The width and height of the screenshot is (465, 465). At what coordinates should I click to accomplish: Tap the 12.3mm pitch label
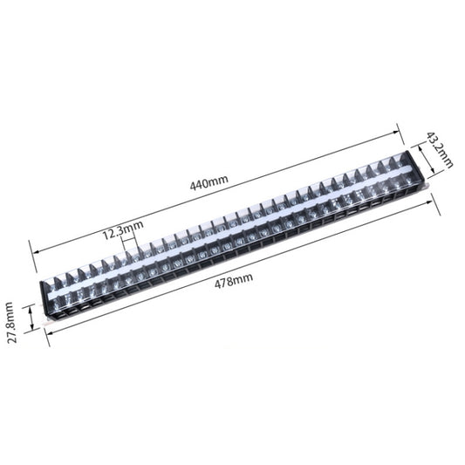(x=122, y=233)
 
